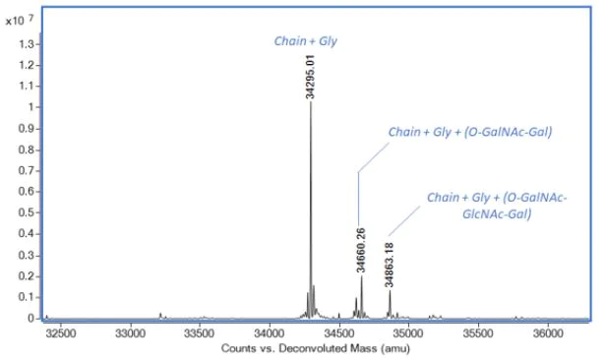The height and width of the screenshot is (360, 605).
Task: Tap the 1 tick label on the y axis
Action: (x=31, y=107)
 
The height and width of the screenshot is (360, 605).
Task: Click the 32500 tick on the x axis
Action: (x=61, y=333)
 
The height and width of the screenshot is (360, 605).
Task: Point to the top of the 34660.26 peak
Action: (x=361, y=276)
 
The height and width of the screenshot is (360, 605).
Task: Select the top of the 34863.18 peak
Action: (x=390, y=290)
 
